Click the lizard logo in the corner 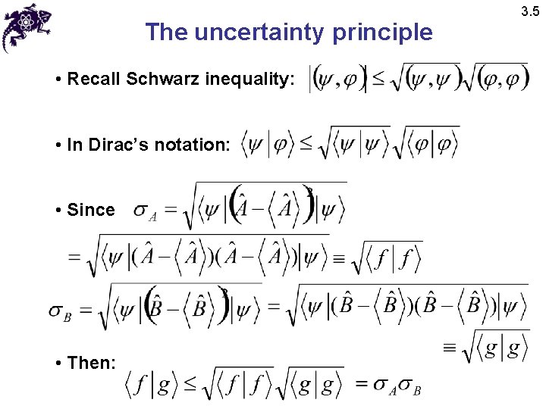pyautogui.click(x=27, y=27)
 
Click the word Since pyautogui.click(x=91, y=210)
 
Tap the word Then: pyautogui.click(x=91, y=363)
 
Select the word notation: pyautogui.click(x=197, y=145)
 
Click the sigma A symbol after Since pyautogui.click(x=145, y=211)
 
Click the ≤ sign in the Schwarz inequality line pyautogui.click(x=378, y=78)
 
